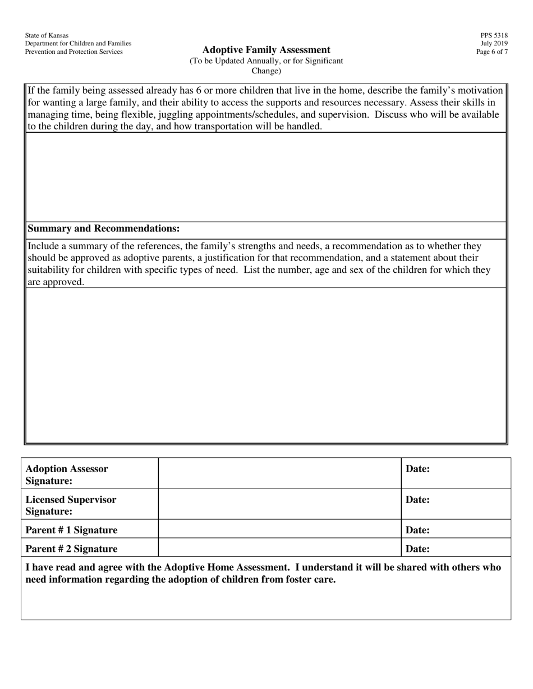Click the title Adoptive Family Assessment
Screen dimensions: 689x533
tap(266, 50)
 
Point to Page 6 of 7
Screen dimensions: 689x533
tap(492, 52)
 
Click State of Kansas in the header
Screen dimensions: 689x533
tap(47, 35)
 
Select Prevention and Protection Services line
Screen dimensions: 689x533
tap(73, 52)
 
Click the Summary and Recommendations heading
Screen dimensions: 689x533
tap(103, 229)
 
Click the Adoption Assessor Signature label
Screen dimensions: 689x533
tap(67, 474)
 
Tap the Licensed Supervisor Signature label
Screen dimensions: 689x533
tap(71, 505)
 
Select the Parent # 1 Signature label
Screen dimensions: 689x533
tap(71, 530)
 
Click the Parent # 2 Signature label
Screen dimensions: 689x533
tap(71, 549)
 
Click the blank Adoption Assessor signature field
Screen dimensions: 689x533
tap(279, 473)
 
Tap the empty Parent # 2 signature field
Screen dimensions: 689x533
tap(279, 548)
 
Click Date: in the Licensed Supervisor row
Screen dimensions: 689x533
tap(417, 500)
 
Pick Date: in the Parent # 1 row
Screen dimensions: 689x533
tap(417, 530)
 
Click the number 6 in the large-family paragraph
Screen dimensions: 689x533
tap(199, 91)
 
